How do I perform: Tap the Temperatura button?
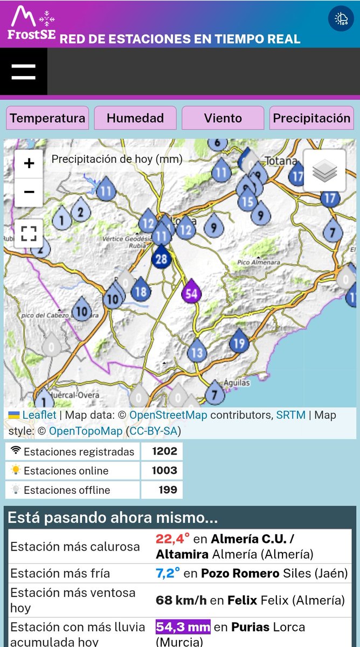[x=47, y=118]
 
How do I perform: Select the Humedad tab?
[x=135, y=118]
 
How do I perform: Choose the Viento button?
[x=223, y=118]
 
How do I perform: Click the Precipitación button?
[x=311, y=118]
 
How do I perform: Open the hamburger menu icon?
[x=23, y=72]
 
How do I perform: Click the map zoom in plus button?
[x=29, y=163]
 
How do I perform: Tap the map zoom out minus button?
[x=29, y=192]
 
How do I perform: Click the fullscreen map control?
[x=29, y=233]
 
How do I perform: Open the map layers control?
[x=324, y=171]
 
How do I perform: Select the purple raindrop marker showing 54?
[x=191, y=293]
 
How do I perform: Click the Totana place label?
[x=281, y=161]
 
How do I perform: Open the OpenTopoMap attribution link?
[x=86, y=431]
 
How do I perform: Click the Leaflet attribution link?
[x=39, y=415]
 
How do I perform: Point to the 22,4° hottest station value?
[x=172, y=539]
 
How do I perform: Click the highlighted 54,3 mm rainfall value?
[x=183, y=627]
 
